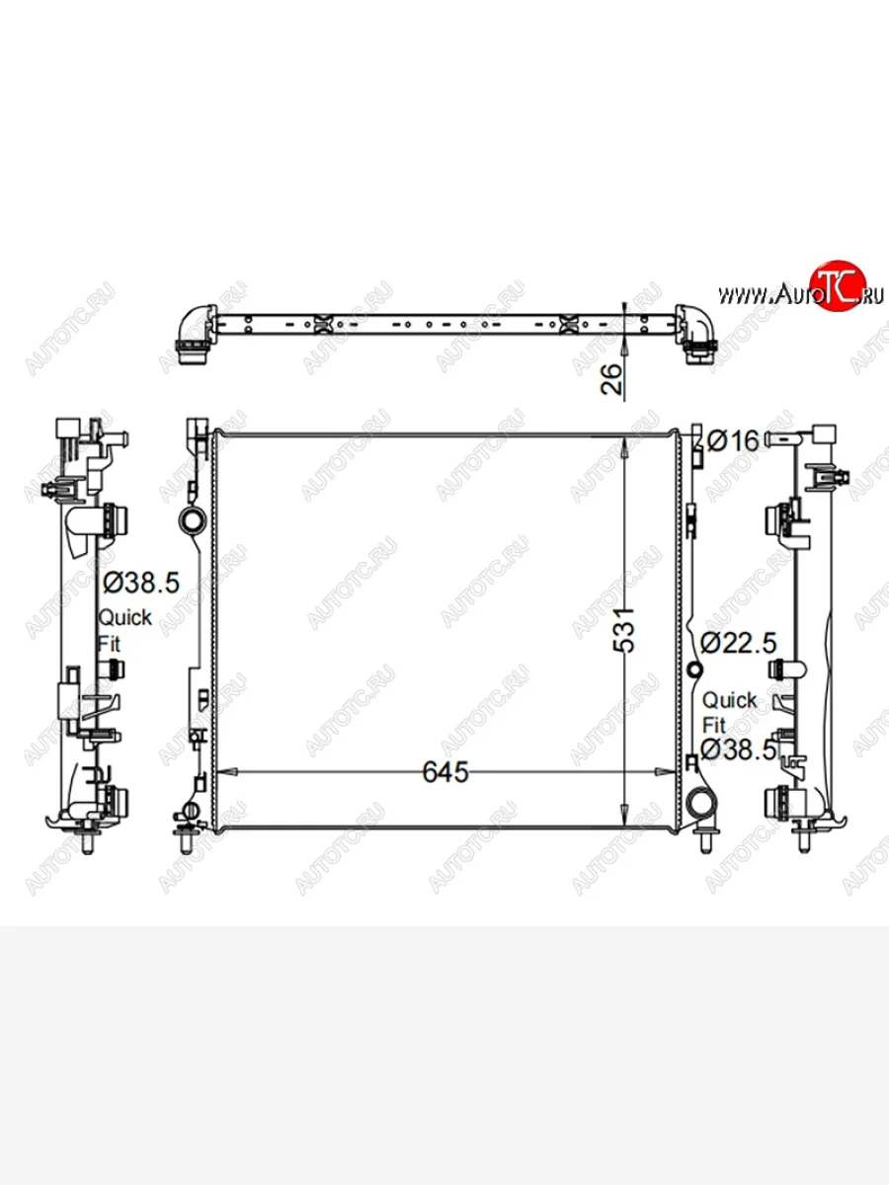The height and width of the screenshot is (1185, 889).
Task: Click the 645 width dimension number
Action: pyautogui.click(x=445, y=772)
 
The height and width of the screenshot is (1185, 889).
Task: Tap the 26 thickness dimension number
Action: pyautogui.click(x=611, y=379)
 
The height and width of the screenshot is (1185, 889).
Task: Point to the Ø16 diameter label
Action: pyautogui.click(x=733, y=441)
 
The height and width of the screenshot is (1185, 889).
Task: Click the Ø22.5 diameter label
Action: pyautogui.click(x=738, y=643)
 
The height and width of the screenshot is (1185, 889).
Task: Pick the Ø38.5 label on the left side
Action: pyautogui.click(x=141, y=583)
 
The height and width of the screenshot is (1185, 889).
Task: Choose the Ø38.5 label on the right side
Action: pyautogui.click(x=738, y=750)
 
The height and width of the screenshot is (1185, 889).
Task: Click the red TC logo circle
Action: pyautogui.click(x=840, y=285)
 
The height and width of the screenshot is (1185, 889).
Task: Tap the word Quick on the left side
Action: pyautogui.click(x=124, y=618)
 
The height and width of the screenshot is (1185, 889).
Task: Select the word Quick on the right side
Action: pyautogui.click(x=729, y=701)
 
